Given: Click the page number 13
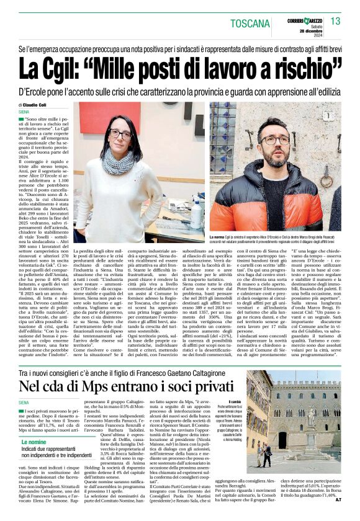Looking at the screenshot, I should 335,22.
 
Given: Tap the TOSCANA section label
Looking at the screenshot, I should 250,24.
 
